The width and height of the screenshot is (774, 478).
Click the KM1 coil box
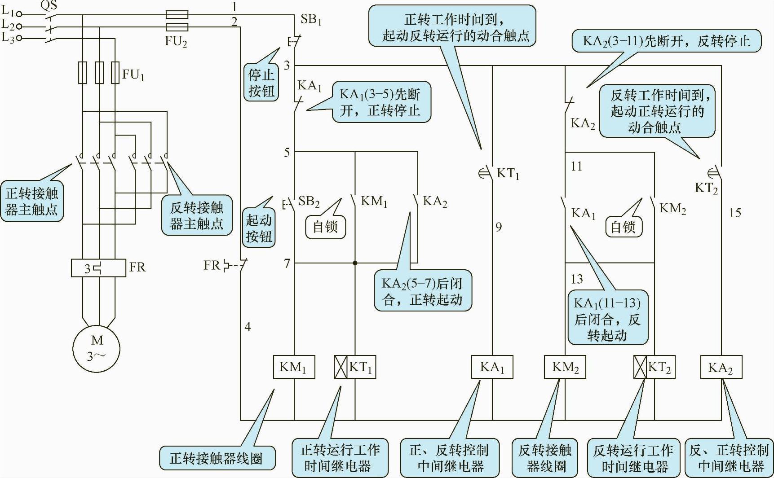coord(294,367)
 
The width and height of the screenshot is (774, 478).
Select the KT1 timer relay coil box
coord(355,367)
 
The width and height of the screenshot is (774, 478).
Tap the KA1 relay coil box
coord(492,367)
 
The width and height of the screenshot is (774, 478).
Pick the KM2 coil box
coord(565,367)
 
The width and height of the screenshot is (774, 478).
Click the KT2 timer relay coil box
coord(654,367)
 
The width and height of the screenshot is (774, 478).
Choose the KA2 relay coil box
coord(721,368)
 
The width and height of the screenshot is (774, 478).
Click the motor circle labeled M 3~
coord(97,348)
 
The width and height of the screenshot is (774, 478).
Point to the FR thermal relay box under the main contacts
coord(98,268)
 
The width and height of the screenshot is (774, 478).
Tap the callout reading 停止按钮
coord(261,83)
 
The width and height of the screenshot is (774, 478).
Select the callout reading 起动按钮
coord(259,228)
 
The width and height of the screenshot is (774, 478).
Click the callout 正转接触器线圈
coord(217,458)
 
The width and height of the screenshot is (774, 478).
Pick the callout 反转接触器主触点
coord(197,215)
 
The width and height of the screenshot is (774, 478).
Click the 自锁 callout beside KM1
coord(325,226)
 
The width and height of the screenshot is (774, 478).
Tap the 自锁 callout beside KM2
coord(623,227)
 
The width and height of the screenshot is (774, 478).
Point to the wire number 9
coord(499,227)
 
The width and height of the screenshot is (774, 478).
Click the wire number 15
coord(735,213)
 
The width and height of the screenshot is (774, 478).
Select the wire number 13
coord(577,279)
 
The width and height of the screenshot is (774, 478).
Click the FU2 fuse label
coord(176,41)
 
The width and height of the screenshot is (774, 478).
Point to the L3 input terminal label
coord(8,38)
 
